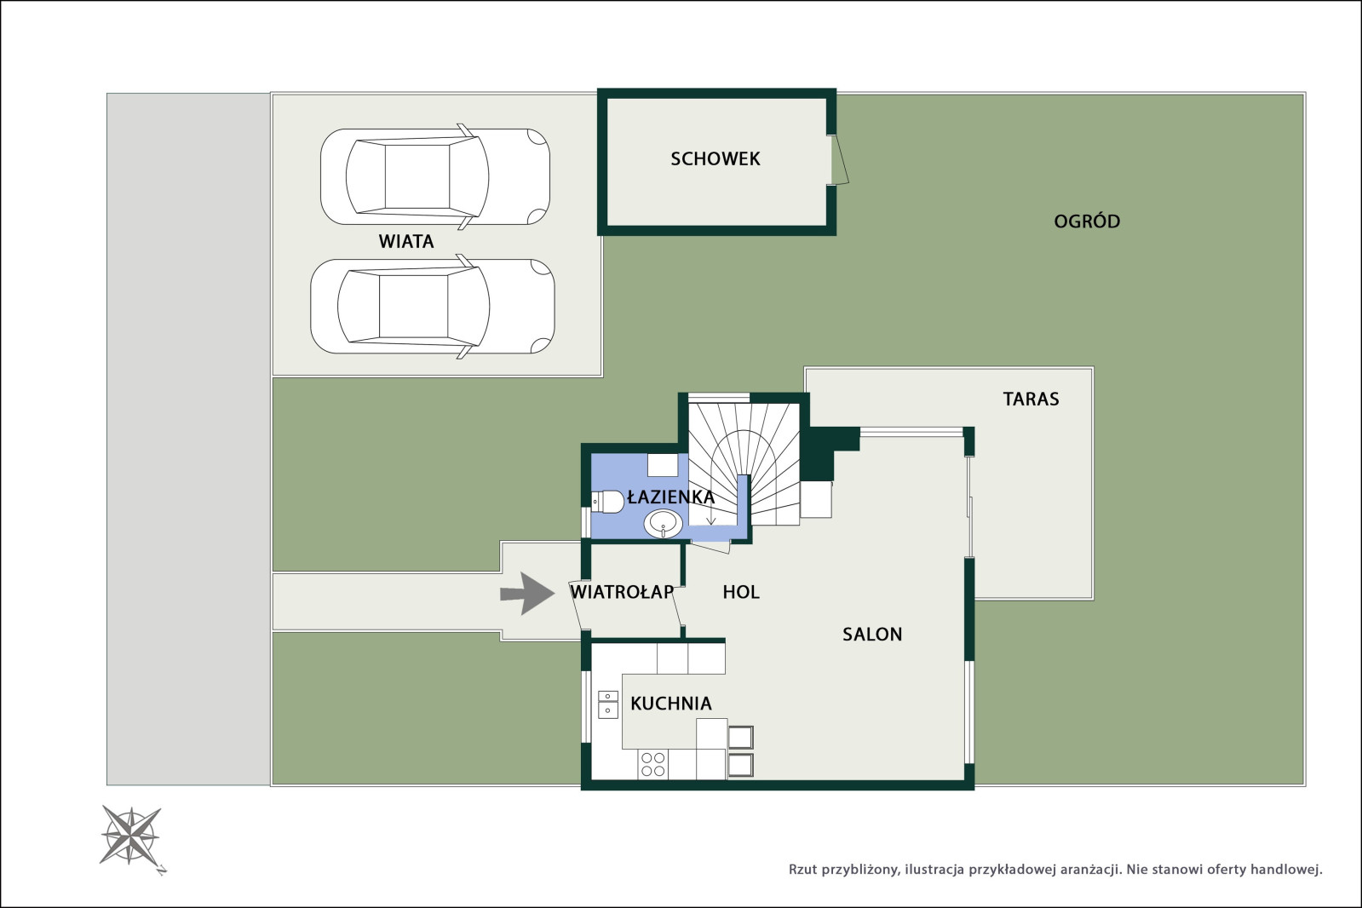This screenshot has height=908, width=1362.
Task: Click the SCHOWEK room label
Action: [715, 158]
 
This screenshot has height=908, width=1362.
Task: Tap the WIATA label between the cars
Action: [406, 241]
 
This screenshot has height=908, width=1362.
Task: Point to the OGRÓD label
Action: [1087, 221]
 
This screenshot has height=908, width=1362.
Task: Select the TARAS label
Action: [1031, 399]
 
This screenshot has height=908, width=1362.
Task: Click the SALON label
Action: [872, 635]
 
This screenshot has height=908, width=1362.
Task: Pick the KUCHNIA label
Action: [670, 704]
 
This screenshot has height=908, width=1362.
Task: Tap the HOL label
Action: [740, 592]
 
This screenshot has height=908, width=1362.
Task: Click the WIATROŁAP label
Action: [622, 592]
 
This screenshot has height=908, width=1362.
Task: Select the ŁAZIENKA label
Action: [670, 497]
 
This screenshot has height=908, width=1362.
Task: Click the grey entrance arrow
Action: [527, 594]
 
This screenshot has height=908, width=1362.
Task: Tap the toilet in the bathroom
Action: [607, 502]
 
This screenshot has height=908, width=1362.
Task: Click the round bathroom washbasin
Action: [663, 524]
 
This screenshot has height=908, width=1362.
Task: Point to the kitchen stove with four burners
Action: [652, 764]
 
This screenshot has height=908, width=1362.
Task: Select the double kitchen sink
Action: [608, 704]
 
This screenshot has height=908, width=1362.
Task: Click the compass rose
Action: [131, 836]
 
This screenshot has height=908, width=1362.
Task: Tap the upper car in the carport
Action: [435, 176]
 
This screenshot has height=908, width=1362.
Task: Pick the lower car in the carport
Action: [433, 306]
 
